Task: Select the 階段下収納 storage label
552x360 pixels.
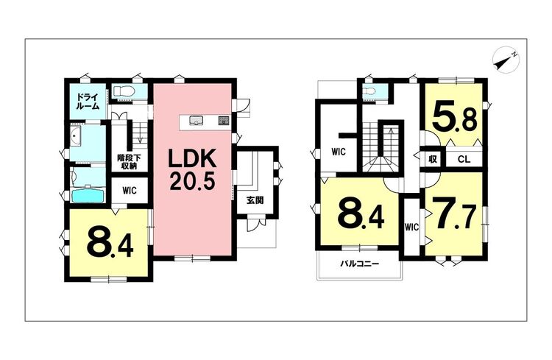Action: click(x=130, y=161)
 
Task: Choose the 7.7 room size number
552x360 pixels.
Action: click(x=454, y=215)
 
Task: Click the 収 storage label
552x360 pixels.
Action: click(x=433, y=159)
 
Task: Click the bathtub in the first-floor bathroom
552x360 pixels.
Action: click(x=89, y=195)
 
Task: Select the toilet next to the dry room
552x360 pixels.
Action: click(x=124, y=91)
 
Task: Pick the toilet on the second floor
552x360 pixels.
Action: click(x=371, y=91)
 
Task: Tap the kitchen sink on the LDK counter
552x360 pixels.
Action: click(x=196, y=121)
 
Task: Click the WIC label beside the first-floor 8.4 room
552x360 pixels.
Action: click(x=130, y=190)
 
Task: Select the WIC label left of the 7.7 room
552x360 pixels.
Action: click(x=411, y=227)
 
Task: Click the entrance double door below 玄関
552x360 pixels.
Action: click(x=255, y=225)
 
